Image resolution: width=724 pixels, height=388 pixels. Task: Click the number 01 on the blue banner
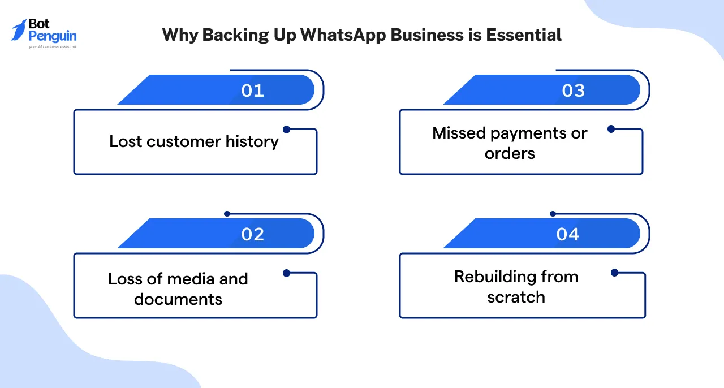click(252, 90)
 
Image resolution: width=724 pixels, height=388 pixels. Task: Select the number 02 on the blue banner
click(252, 234)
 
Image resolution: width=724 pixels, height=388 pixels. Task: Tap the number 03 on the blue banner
click(573, 90)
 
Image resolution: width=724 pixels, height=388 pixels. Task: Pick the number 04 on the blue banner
click(567, 234)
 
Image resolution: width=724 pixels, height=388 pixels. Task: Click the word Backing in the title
click(230, 35)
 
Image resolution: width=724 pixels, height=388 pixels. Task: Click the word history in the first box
click(252, 141)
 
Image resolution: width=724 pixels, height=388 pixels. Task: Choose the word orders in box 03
click(510, 153)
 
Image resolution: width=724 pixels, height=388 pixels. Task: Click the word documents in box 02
click(178, 299)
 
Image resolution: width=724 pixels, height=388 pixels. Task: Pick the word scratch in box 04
click(516, 297)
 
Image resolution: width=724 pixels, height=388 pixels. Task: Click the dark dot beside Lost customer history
click(286, 130)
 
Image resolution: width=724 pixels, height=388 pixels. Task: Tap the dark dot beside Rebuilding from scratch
click(614, 273)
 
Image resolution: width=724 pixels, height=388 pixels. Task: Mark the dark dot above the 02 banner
click(227, 214)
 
